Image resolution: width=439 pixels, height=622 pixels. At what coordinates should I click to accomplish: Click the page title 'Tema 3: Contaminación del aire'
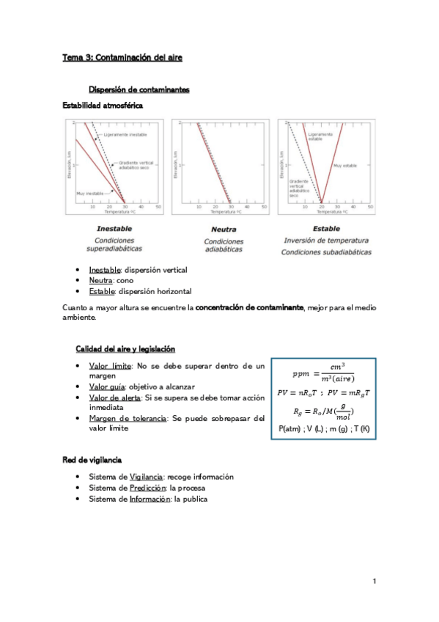tap(122, 56)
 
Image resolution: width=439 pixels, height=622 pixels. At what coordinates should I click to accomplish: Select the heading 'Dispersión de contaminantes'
tap(139, 89)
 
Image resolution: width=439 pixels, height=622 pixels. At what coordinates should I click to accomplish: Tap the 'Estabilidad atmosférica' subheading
tap(103, 105)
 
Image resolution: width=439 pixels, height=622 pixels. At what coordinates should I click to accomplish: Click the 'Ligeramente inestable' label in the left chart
tap(125, 136)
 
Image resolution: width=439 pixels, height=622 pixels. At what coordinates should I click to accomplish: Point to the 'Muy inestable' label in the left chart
tap(90, 193)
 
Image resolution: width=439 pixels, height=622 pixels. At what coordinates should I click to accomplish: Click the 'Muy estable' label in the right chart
tap(344, 166)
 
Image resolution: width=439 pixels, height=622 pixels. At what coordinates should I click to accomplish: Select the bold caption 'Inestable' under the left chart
tap(114, 228)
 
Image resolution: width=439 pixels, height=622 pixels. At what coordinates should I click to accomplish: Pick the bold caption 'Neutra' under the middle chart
tap(223, 229)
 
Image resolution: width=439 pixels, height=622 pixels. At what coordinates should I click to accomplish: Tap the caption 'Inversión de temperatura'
tap(326, 241)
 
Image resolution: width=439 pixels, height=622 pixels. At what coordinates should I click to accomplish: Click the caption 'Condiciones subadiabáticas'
tap(326, 252)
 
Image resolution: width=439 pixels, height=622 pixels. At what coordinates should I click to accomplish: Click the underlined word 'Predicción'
tap(147, 487)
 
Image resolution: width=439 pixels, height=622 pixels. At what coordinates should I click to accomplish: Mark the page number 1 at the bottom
tap(374, 582)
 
